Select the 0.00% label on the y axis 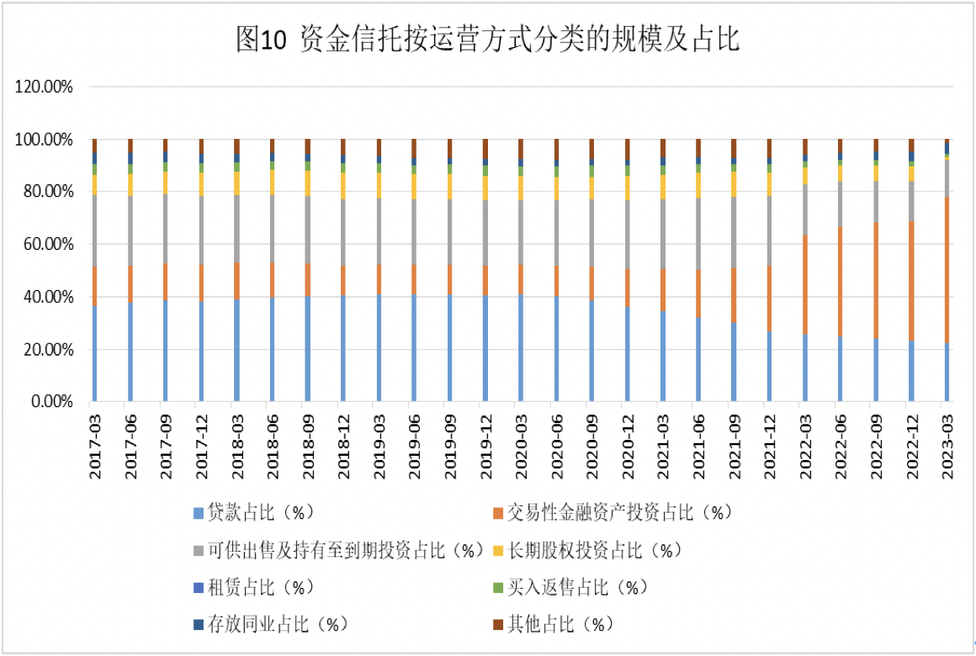pos(51,402)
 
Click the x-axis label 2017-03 pos(95,445)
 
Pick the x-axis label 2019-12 pos(485,445)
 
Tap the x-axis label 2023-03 pos(947,445)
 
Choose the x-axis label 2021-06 pos(698,445)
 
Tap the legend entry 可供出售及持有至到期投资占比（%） pos(337,550)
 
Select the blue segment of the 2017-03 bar pos(95,353)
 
